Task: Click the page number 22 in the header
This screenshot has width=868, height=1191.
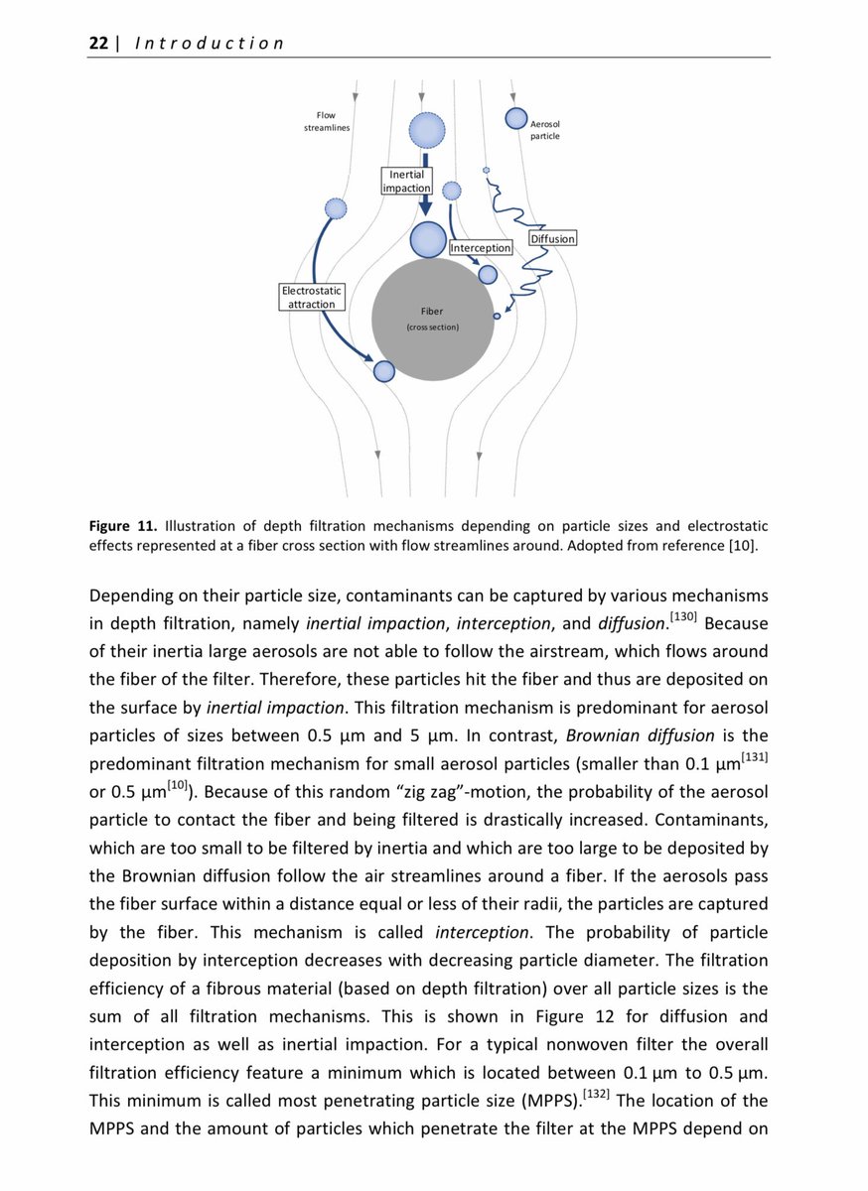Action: (98, 43)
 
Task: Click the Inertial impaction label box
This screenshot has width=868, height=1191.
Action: (407, 181)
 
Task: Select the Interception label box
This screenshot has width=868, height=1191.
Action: (481, 247)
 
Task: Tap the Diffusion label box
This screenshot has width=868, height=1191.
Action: (552, 239)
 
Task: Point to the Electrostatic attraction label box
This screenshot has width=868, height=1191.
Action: (312, 297)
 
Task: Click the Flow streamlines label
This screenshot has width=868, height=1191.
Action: (326, 121)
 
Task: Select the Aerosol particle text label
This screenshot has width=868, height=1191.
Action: (545, 129)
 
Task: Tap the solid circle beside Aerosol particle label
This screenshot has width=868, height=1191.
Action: (516, 118)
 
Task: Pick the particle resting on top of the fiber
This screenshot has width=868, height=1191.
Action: (429, 239)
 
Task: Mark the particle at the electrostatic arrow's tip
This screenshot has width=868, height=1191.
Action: (384, 371)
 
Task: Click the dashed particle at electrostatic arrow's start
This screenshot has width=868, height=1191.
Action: (337, 208)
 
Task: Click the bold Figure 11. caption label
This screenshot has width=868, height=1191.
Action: (123, 525)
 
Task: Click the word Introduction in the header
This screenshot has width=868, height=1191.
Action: (208, 43)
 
